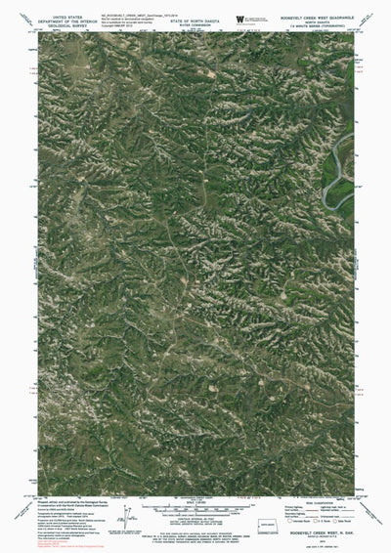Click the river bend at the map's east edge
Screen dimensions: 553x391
pyautogui.click(x=342, y=166)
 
